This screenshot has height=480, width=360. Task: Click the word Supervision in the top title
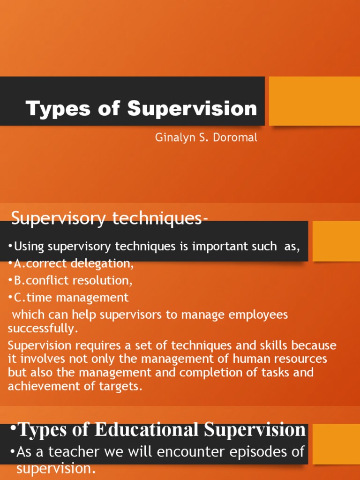pyautogui.click(x=192, y=109)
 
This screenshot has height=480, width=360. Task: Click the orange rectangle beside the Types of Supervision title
pyautogui.click(x=314, y=101)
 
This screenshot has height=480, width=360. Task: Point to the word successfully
pyautogui.click(x=41, y=328)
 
